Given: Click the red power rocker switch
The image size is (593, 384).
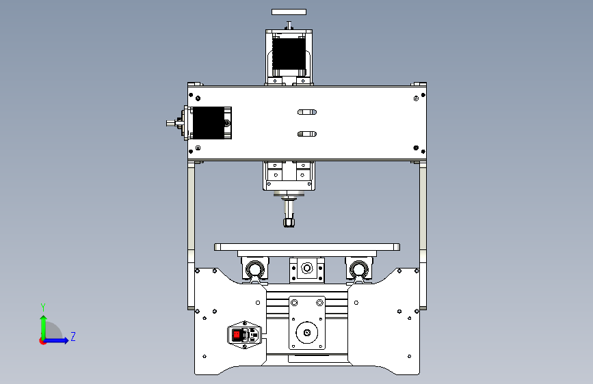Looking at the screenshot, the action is point(237,335).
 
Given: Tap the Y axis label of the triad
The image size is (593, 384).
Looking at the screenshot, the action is point(43,307).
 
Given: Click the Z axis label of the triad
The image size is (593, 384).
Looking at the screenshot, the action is point(73,336).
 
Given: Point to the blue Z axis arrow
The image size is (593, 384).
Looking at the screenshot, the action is point(56,340).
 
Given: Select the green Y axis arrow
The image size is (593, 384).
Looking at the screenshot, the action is point(44,328).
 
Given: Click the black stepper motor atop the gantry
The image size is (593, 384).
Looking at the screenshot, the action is point(289,55).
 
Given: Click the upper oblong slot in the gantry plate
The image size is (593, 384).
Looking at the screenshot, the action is point(307,112).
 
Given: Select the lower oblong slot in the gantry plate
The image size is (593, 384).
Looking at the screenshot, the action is point(307,134).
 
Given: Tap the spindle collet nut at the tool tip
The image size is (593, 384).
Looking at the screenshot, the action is point(289,222).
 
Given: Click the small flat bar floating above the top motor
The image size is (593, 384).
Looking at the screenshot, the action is point(289,12).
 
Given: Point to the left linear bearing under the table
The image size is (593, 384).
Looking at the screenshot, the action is point(255,269).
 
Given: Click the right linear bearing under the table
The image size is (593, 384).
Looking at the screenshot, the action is point(358,269).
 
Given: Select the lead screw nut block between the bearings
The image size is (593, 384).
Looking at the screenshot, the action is point(306,269).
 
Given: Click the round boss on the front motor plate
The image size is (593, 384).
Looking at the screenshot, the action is point(306,333).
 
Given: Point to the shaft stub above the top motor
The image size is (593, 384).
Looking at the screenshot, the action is point(289,25).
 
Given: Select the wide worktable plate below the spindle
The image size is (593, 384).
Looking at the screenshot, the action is point(307,247).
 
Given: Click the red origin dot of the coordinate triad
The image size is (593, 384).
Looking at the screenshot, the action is point(42,341).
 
